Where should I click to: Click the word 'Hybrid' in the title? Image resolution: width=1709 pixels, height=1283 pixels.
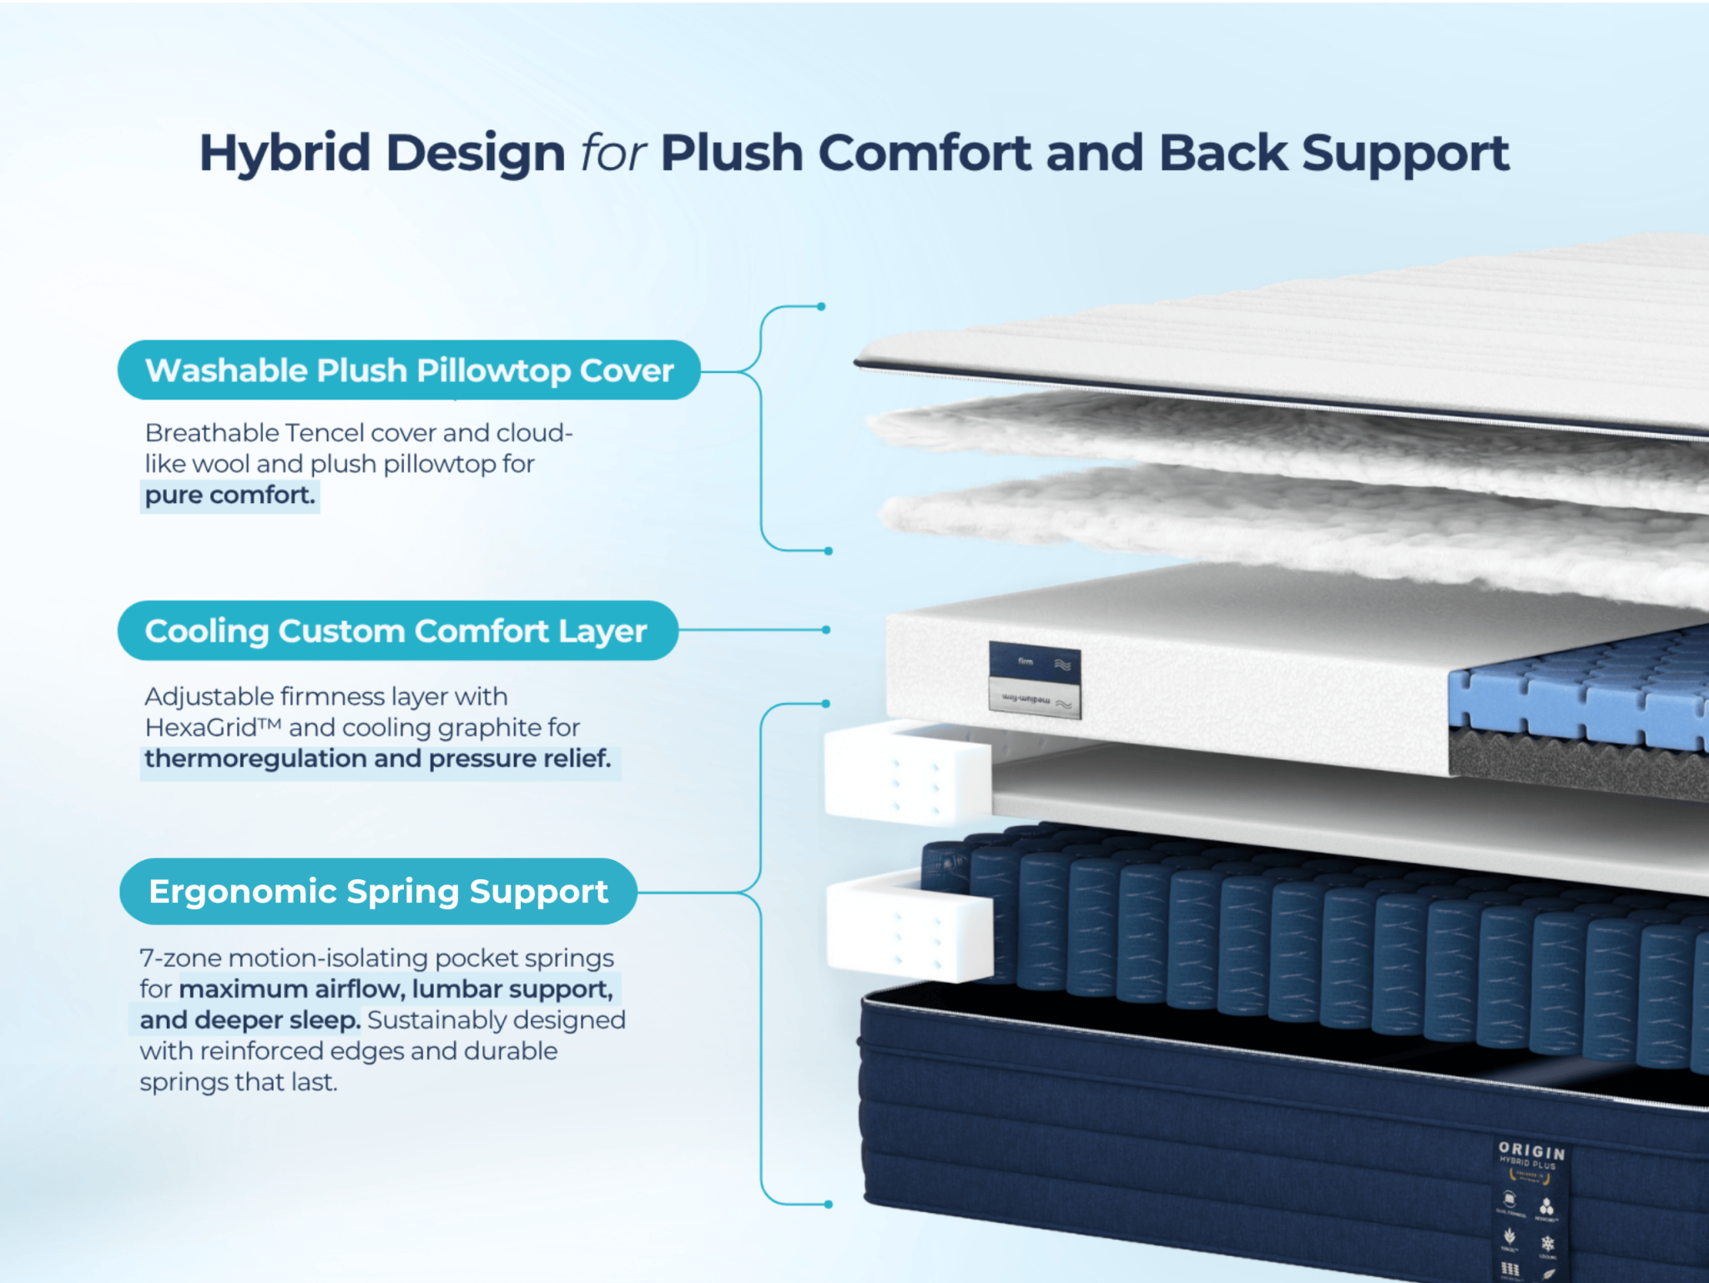284,154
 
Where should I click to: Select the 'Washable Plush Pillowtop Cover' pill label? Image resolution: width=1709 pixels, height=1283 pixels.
409,370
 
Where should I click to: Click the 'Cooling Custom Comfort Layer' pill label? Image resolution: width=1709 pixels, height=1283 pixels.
397,631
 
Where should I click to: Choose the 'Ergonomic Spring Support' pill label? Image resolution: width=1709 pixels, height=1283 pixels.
378,892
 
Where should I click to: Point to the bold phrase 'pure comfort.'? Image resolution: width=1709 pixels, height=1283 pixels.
230,496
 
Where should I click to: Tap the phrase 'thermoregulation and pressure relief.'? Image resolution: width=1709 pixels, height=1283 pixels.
377,759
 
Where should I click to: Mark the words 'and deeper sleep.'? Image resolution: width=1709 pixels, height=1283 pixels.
250,1020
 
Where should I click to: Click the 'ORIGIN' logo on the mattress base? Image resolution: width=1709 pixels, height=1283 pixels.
1531,1151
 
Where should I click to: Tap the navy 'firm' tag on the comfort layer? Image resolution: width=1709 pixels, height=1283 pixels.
1034,662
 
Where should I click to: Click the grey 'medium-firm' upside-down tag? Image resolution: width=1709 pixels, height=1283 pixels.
1034,699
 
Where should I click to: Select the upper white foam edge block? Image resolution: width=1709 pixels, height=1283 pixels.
907,774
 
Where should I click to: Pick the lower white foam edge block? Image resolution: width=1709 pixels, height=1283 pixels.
910,931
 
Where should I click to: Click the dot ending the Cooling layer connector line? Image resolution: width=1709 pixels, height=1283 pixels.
826,630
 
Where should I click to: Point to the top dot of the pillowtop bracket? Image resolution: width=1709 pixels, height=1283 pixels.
821,307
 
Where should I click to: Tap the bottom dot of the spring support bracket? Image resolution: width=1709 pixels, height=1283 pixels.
828,1204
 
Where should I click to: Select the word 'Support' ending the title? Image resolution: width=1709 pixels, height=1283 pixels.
1405,154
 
